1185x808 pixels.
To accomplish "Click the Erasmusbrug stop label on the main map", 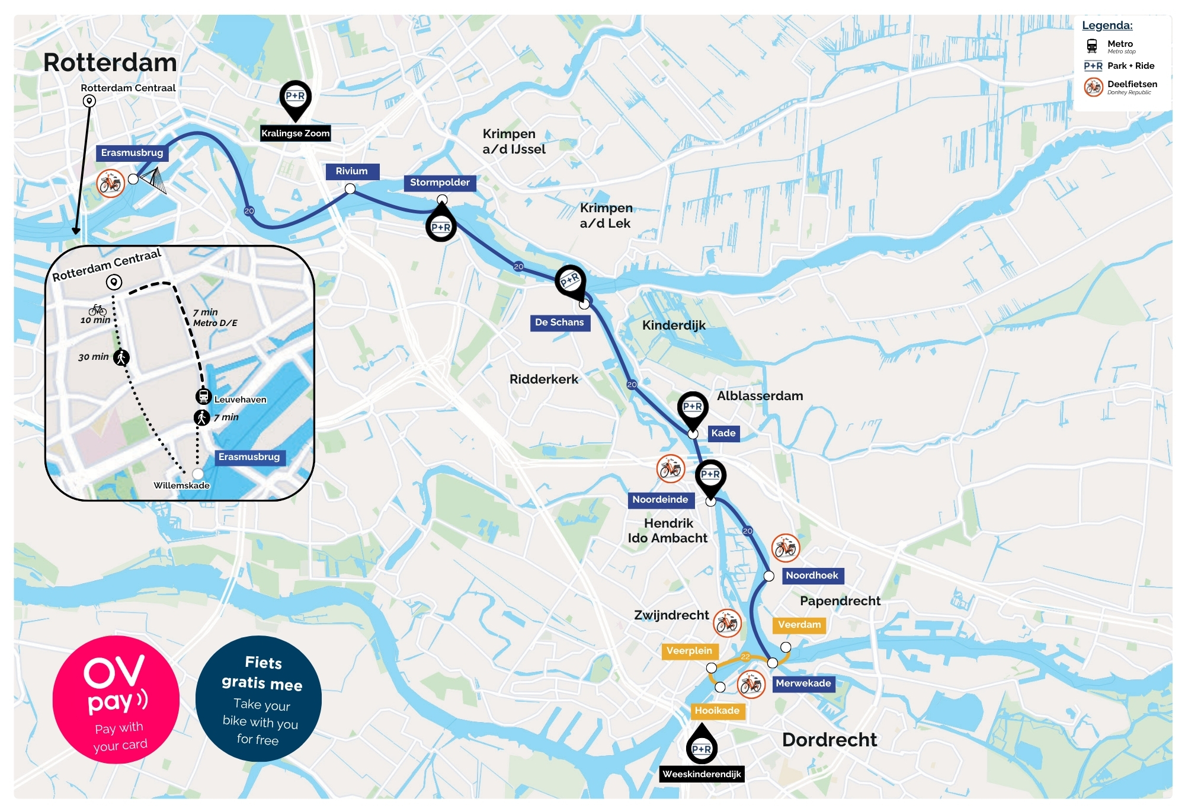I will (132, 153).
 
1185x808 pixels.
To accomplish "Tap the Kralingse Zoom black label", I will (295, 133).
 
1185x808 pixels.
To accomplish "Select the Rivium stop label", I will (352, 171).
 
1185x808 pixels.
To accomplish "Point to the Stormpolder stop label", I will (440, 183).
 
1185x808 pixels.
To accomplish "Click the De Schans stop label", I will (559, 322).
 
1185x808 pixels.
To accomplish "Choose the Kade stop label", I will (723, 433).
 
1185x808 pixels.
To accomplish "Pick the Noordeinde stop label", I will (660, 500).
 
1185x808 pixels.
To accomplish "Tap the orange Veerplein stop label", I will (689, 651).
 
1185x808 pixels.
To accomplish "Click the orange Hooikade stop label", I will (717, 711).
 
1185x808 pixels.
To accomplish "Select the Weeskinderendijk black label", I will (702, 774).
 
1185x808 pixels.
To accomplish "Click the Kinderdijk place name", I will (674, 325).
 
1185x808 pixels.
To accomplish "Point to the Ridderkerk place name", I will (543, 379).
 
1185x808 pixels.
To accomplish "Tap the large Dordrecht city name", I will (829, 740).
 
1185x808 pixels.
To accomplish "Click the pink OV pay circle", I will (116, 700).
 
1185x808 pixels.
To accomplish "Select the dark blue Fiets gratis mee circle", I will (258, 699).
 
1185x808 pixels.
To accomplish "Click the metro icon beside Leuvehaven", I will (203, 397).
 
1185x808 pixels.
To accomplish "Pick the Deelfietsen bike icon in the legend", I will (1093, 87).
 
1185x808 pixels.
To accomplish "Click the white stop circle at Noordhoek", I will (768, 576).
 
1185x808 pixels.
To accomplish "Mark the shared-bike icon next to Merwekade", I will (751, 684).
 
